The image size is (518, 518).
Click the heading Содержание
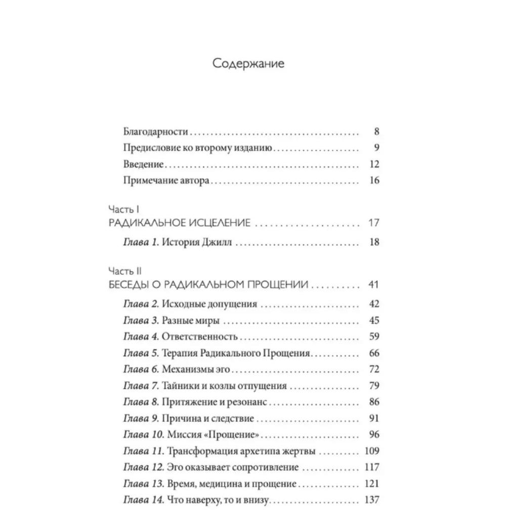248,64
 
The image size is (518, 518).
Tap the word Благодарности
156,132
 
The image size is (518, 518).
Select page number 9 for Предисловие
376,148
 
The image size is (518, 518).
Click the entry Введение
144,164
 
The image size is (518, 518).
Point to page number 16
374,180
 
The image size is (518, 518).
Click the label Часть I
124,209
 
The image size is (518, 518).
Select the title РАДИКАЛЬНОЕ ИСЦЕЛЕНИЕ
180,223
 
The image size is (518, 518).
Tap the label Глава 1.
141,242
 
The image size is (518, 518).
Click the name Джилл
217,242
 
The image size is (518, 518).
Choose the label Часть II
125,271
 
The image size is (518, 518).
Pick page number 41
373,284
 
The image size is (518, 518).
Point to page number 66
374,353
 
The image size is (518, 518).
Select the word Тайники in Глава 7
180,386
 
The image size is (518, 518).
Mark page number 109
371,451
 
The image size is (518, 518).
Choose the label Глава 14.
144,500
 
